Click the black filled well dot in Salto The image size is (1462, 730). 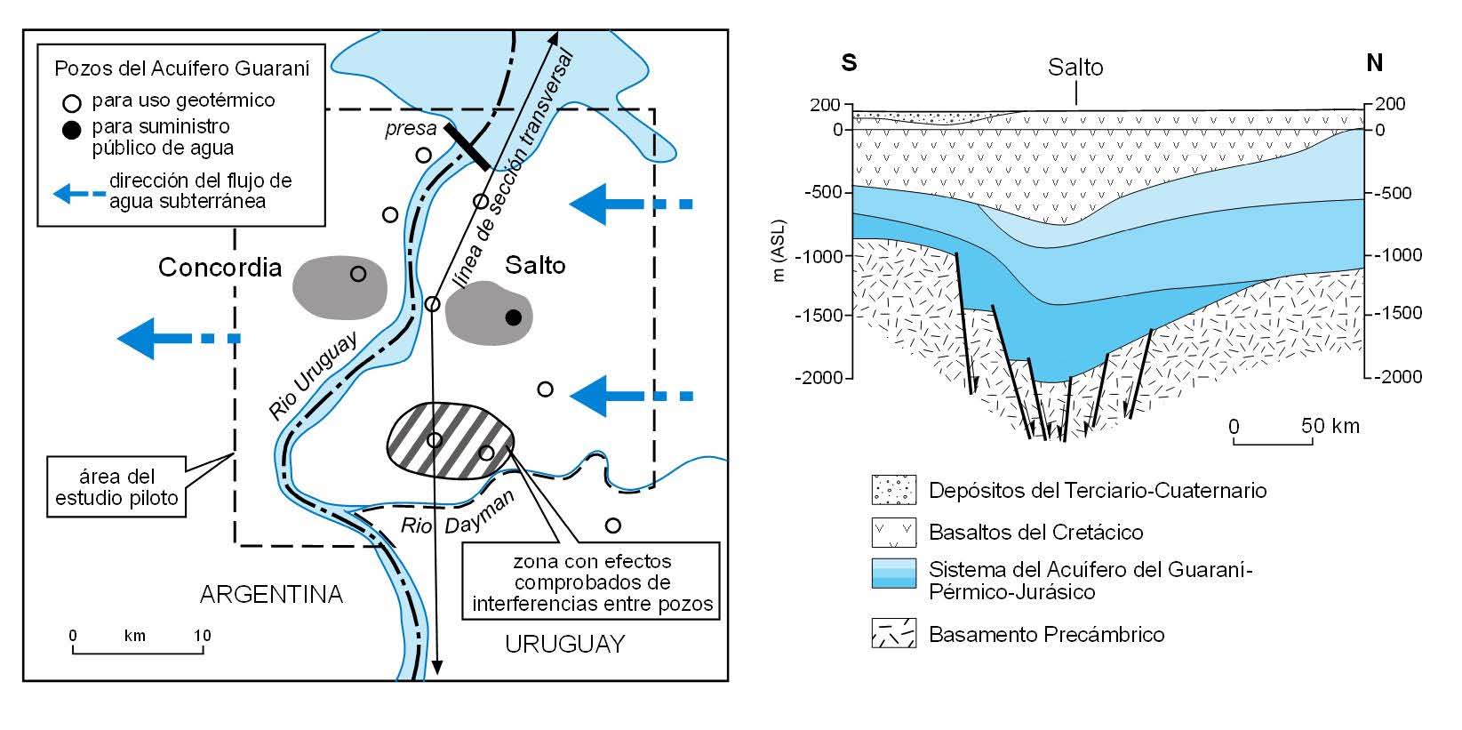coord(513,317)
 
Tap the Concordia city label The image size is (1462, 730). coord(220,268)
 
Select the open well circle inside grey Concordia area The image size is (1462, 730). coord(358,274)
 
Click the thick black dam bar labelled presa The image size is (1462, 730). coord(466,147)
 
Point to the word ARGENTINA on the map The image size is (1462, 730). coord(271,594)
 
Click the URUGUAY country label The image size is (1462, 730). coord(565,644)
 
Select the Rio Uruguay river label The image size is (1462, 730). coord(313,375)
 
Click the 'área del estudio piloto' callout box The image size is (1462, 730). coord(116,487)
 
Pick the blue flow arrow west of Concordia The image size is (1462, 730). coord(178,338)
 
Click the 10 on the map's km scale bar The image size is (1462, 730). coord(203,636)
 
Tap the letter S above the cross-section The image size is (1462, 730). coord(849,63)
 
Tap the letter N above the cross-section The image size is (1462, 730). coord(1374,62)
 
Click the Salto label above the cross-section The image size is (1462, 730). coord(1075,67)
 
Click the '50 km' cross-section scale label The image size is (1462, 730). coord(1330,426)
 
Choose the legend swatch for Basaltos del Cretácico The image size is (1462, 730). coord(893,533)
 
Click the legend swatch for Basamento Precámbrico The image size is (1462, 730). coord(893,634)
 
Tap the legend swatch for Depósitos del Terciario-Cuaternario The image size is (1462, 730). coord(893,490)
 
